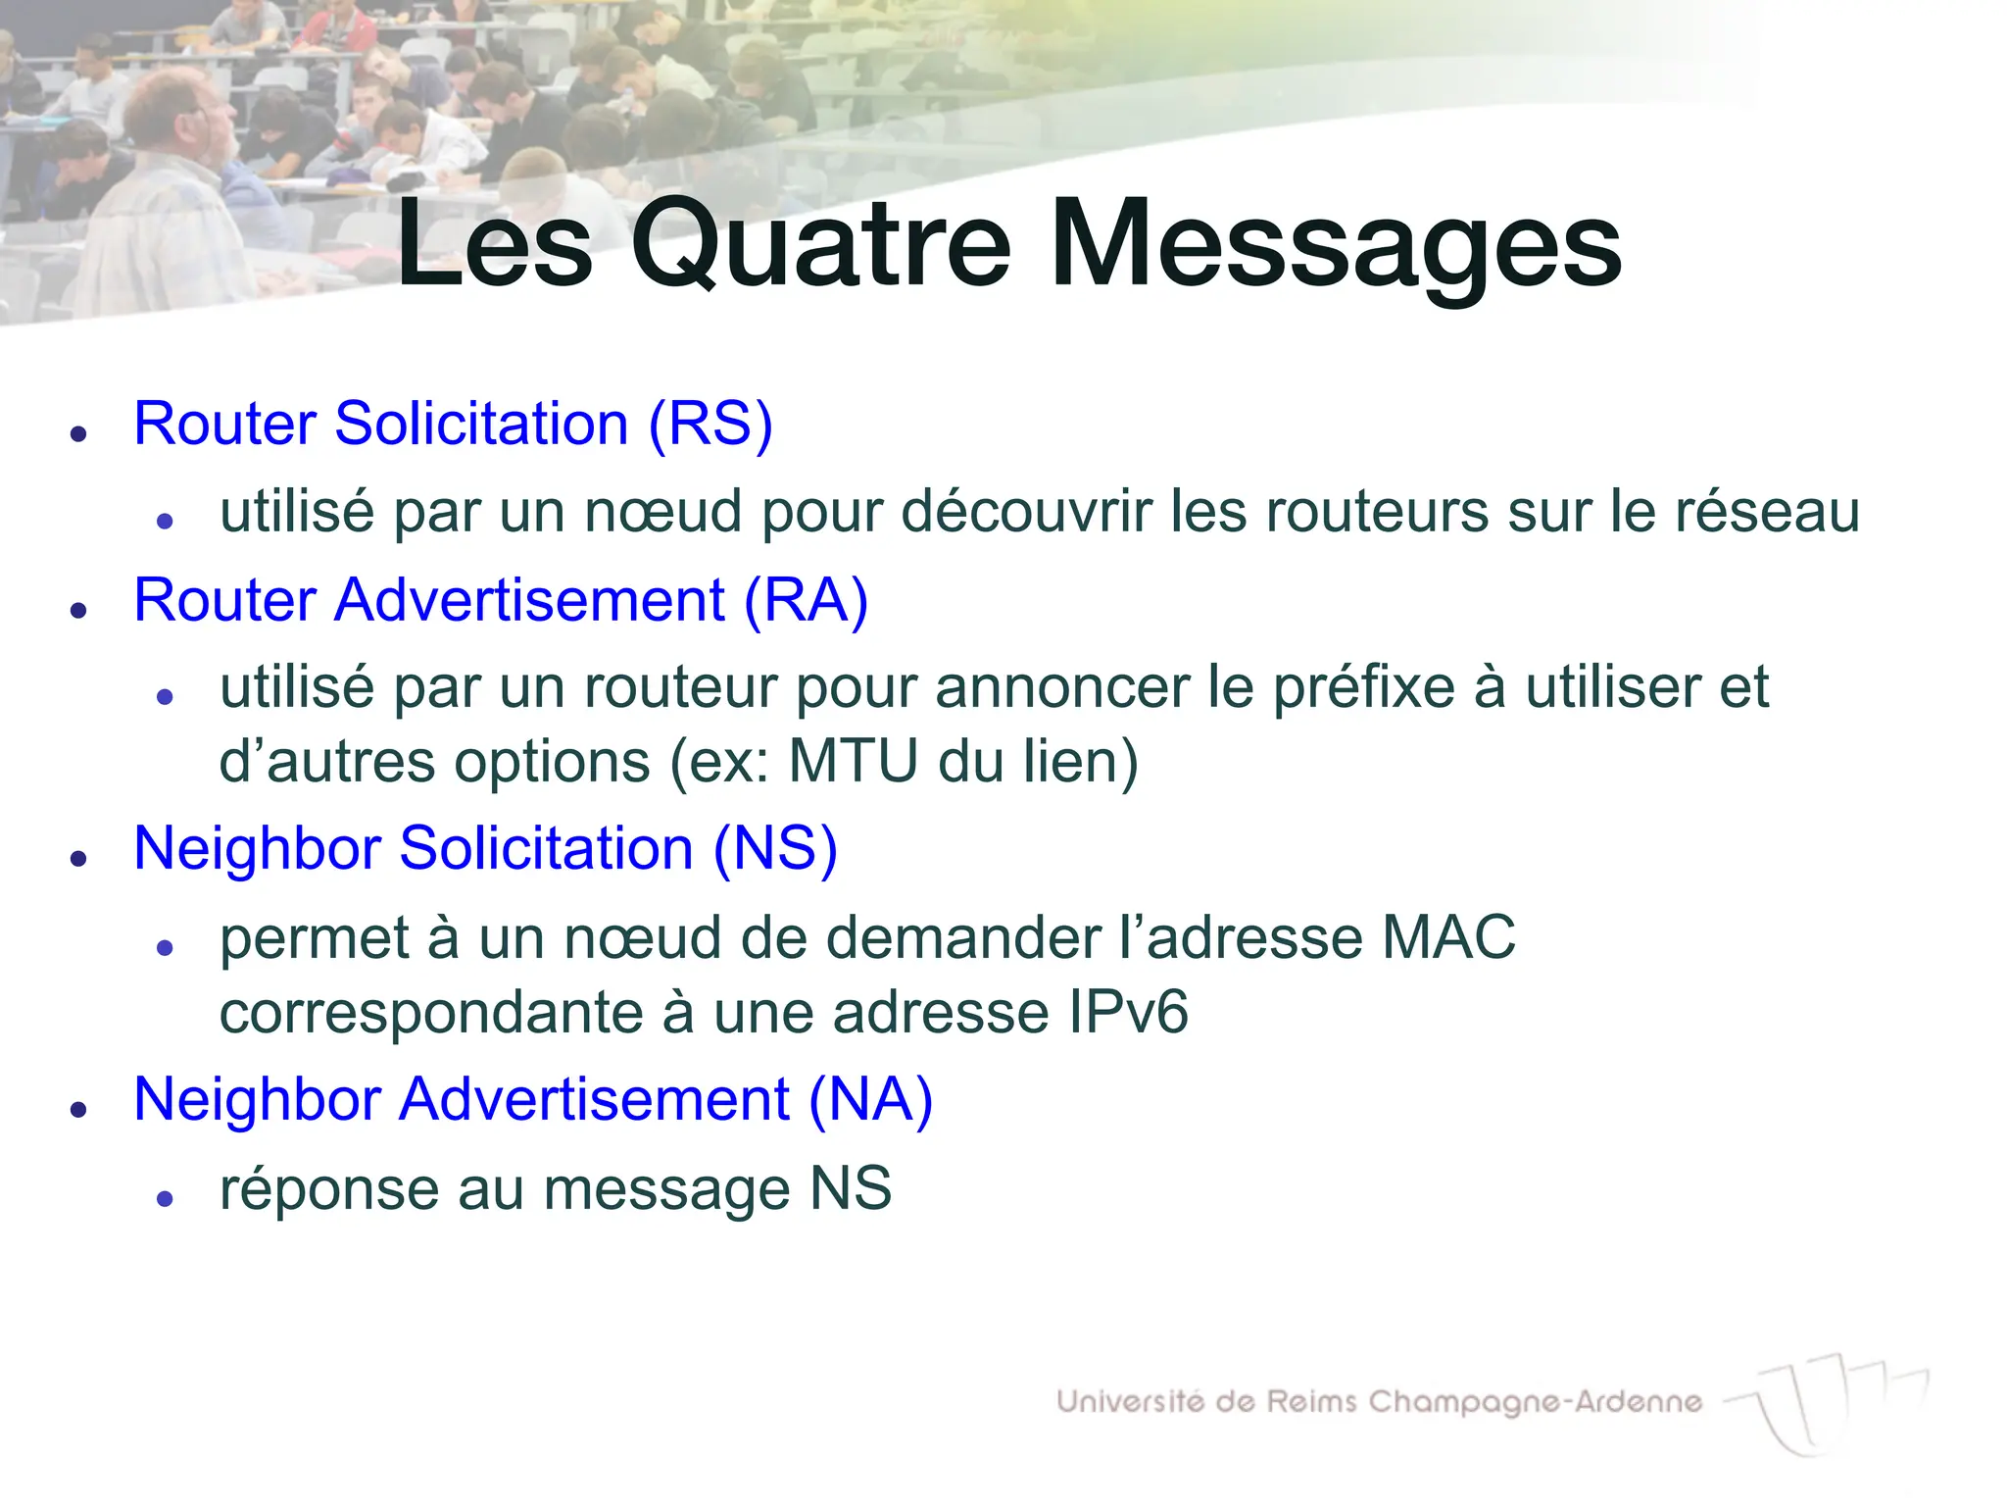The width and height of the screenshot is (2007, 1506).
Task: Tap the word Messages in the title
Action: pyautogui.click(x=1335, y=245)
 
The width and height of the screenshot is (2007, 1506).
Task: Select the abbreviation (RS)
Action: pyautogui.click(x=710, y=424)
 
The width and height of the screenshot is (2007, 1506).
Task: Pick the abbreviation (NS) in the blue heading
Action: pyautogui.click(x=775, y=848)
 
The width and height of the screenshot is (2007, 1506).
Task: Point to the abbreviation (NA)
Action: pyautogui.click(x=870, y=1099)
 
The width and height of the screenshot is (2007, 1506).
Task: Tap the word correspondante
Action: pyautogui.click(x=430, y=1013)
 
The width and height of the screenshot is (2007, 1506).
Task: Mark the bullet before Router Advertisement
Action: pyautogui.click(x=79, y=610)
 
